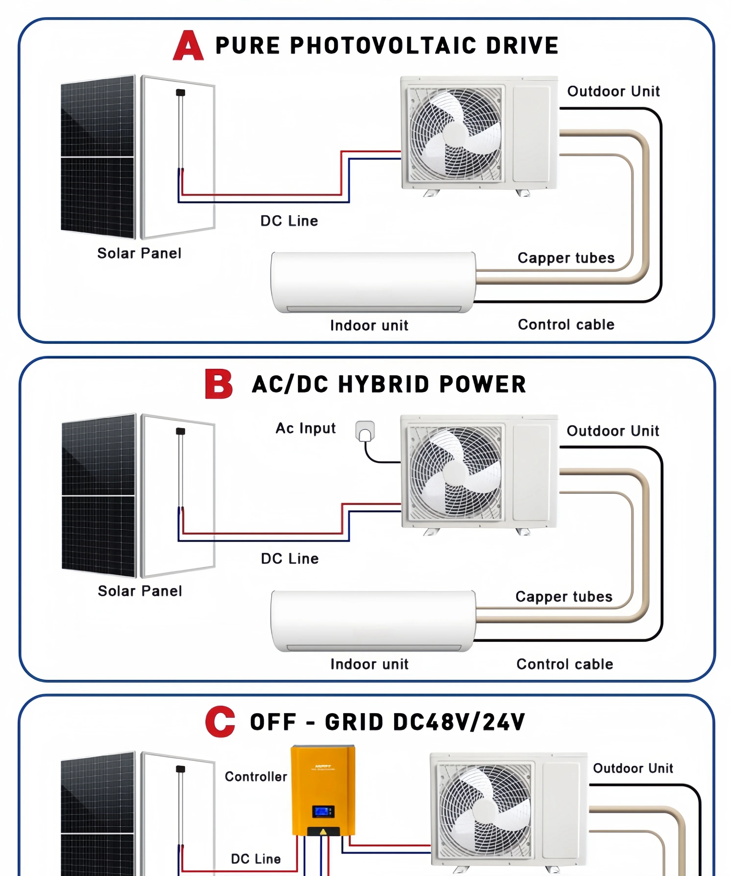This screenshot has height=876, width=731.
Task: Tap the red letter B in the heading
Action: [219, 384]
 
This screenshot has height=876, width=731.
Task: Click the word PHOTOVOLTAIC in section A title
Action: [383, 46]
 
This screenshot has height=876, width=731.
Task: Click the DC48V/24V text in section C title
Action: [459, 722]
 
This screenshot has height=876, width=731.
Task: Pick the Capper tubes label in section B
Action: [564, 597]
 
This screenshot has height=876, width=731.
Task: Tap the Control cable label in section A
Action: [566, 325]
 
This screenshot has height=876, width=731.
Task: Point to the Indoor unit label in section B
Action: [369, 664]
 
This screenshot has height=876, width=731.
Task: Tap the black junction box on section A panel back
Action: [181, 93]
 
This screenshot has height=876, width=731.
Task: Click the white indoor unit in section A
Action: [373, 281]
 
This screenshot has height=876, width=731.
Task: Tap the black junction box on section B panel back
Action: [181, 431]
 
